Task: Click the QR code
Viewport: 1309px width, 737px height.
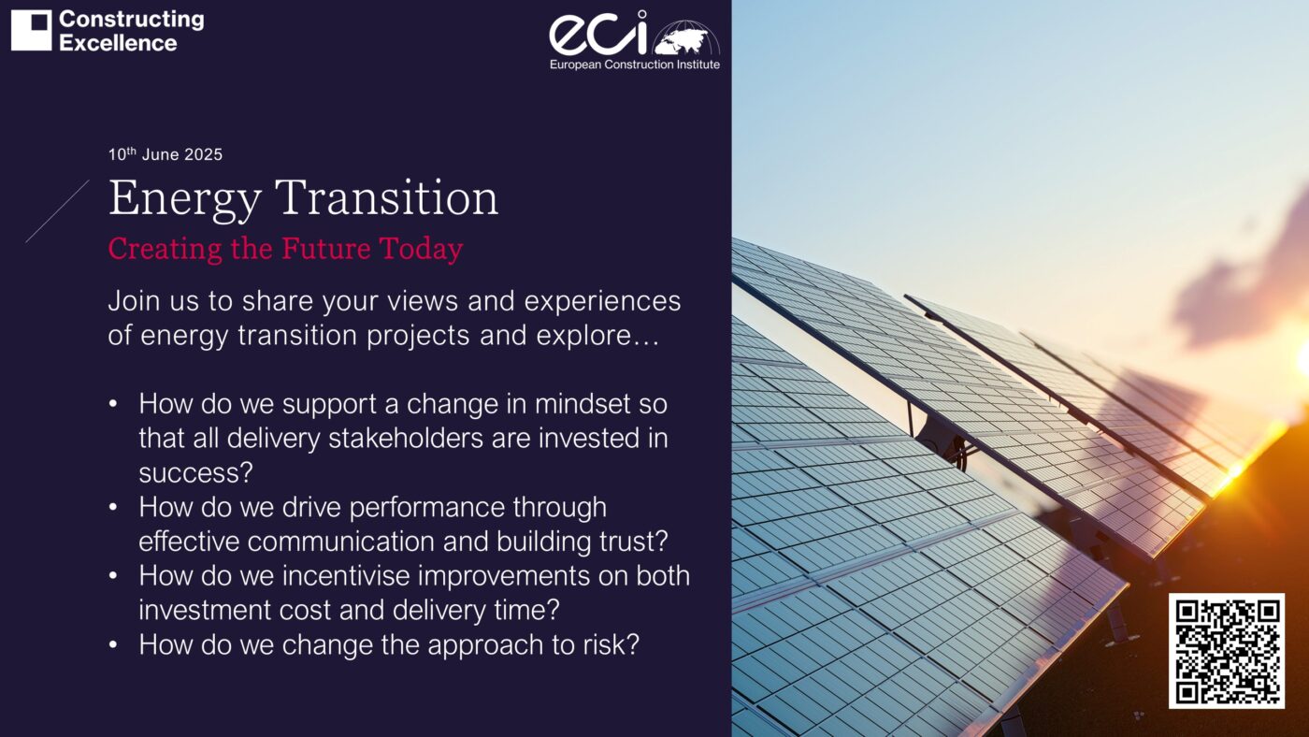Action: point(1226,651)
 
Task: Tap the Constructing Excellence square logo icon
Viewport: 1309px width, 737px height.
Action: point(31,30)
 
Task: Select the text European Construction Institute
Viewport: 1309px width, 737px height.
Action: point(635,65)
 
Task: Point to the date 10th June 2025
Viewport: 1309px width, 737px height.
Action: point(165,154)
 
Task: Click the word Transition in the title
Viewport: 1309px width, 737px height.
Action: point(387,197)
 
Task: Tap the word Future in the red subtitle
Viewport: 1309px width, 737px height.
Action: point(326,248)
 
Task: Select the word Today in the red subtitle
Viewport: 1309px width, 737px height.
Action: point(421,250)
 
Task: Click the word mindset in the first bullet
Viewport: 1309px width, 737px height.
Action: point(583,404)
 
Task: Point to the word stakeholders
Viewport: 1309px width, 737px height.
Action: point(406,439)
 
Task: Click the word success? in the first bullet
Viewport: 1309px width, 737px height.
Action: point(195,473)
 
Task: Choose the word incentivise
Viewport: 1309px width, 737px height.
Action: point(346,576)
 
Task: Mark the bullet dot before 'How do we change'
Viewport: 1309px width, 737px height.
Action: point(113,645)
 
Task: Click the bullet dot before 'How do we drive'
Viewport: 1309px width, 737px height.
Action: point(113,507)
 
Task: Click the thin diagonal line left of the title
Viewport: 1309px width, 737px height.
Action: point(57,211)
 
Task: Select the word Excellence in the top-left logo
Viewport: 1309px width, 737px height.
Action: point(118,43)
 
